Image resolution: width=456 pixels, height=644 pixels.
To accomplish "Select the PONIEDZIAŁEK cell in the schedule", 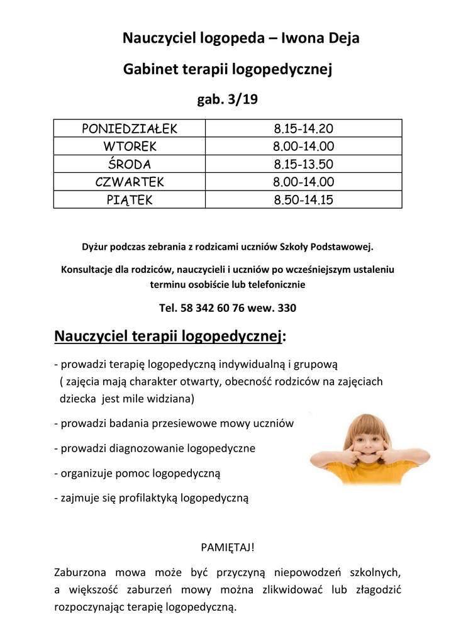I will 130,129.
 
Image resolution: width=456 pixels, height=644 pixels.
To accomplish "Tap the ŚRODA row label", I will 130,164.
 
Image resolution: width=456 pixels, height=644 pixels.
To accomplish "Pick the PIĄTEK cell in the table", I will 130,200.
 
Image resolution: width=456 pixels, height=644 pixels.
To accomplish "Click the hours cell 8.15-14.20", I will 303,129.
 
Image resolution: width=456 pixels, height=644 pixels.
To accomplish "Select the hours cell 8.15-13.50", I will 303,164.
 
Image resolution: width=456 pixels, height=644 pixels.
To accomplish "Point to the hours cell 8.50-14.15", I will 303,200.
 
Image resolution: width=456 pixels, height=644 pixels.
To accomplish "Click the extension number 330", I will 286,308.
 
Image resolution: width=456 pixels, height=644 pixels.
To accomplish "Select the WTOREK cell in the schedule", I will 130,147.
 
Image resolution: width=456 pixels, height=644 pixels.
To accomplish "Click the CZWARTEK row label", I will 130,182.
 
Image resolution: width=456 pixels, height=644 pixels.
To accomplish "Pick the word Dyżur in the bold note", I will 94,247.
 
